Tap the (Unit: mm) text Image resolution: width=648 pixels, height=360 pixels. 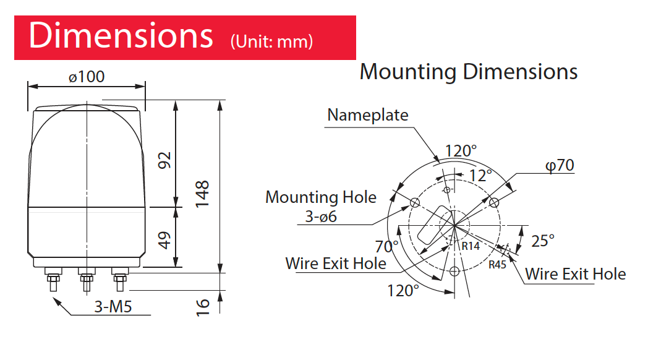click(x=271, y=41)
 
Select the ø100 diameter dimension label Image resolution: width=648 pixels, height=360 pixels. click(x=87, y=77)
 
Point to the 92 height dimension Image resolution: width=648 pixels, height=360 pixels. click(x=164, y=160)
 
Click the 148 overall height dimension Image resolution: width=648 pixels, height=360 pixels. click(x=202, y=194)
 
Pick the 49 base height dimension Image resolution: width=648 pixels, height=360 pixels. click(x=164, y=240)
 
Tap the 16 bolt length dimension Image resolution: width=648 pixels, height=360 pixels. click(x=203, y=308)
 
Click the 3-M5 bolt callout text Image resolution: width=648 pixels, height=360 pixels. click(x=113, y=307)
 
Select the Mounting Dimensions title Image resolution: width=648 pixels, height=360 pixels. click(x=469, y=72)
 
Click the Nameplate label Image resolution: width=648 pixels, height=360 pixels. click(x=367, y=115)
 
